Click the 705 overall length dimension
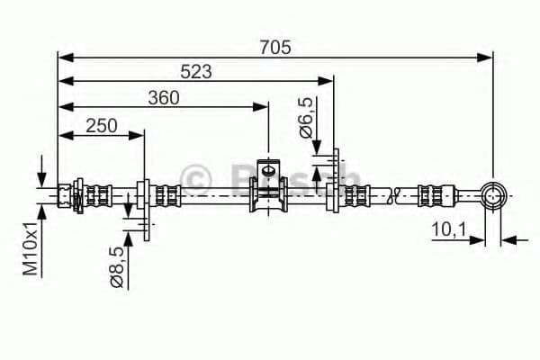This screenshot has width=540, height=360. [275, 48]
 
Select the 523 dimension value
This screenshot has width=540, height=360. [196, 72]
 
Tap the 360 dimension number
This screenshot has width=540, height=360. [164, 98]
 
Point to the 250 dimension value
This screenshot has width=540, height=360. [102, 126]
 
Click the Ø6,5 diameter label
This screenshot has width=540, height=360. [306, 118]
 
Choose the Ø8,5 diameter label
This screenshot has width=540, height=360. [117, 266]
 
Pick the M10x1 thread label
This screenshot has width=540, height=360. [31, 248]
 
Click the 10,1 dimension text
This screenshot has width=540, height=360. [449, 229]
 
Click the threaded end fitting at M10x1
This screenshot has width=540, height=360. [65, 196]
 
